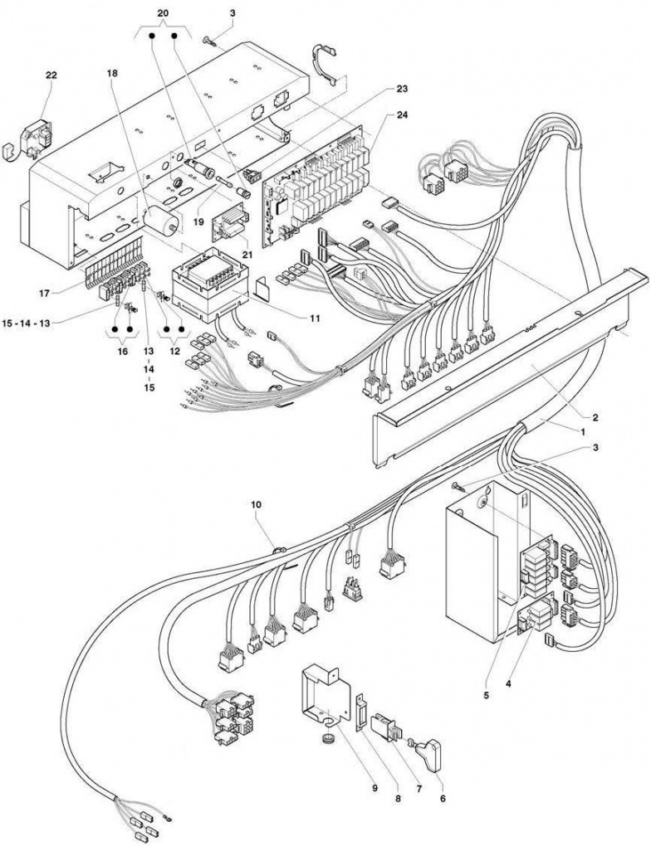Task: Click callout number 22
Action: [x=51, y=75]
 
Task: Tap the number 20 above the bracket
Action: [x=164, y=14]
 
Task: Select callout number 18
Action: [x=112, y=73]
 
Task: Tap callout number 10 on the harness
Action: [x=256, y=505]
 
